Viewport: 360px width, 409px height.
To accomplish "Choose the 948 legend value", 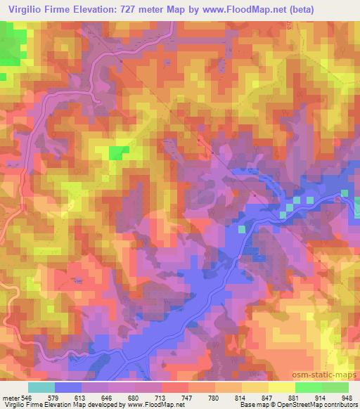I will pos(346,396).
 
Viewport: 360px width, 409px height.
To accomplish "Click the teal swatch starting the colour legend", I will pos(41,387).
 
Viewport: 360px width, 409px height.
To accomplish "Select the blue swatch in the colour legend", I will pos(67,387).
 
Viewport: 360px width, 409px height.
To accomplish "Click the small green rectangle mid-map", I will pos(118,152).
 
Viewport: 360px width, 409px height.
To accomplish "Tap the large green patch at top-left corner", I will pos(10,46).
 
